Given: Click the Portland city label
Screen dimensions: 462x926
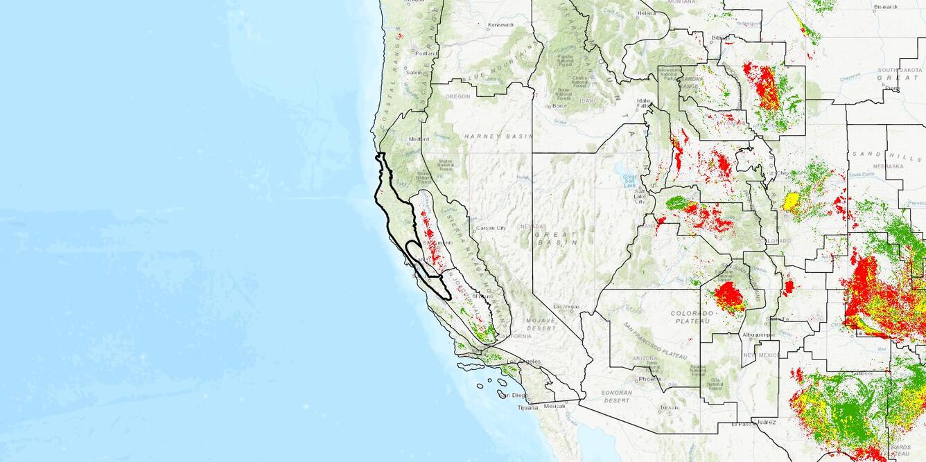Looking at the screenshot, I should click(427, 53).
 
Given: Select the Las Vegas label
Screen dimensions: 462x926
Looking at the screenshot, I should click(567, 306).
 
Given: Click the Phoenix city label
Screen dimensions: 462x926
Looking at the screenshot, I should click(650, 379).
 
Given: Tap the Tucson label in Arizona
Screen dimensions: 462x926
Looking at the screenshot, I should click(669, 407).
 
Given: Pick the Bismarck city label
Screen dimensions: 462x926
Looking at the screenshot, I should click(886, 6).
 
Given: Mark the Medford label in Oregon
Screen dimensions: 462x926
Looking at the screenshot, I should click(419, 139).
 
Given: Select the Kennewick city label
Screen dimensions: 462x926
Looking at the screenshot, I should click(500, 25).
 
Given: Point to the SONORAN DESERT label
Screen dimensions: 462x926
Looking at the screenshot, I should click(617, 396).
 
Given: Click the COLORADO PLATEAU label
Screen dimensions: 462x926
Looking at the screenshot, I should click(691, 317).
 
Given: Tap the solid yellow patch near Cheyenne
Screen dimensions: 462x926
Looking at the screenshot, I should click(790, 202).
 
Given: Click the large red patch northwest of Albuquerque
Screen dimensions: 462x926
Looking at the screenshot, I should click(728, 296).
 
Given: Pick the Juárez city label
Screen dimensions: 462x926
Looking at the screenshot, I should click(767, 421).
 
